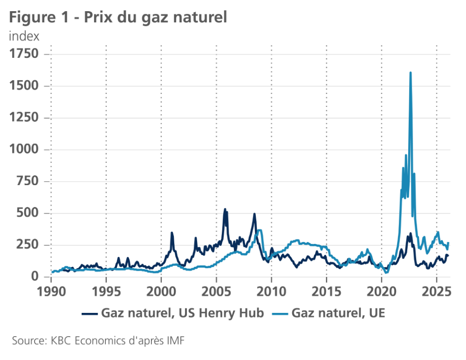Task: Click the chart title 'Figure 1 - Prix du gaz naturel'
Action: click(118, 17)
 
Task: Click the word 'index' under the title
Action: click(24, 36)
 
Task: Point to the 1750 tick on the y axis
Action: click(24, 54)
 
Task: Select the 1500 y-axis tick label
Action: click(24, 86)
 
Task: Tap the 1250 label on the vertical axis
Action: click(24, 118)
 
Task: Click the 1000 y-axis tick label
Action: click(24, 150)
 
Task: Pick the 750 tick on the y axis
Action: click(27, 182)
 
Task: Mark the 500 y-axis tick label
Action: click(27, 214)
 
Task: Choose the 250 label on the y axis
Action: click(27, 245)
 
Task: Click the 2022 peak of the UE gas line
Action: click(411, 73)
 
